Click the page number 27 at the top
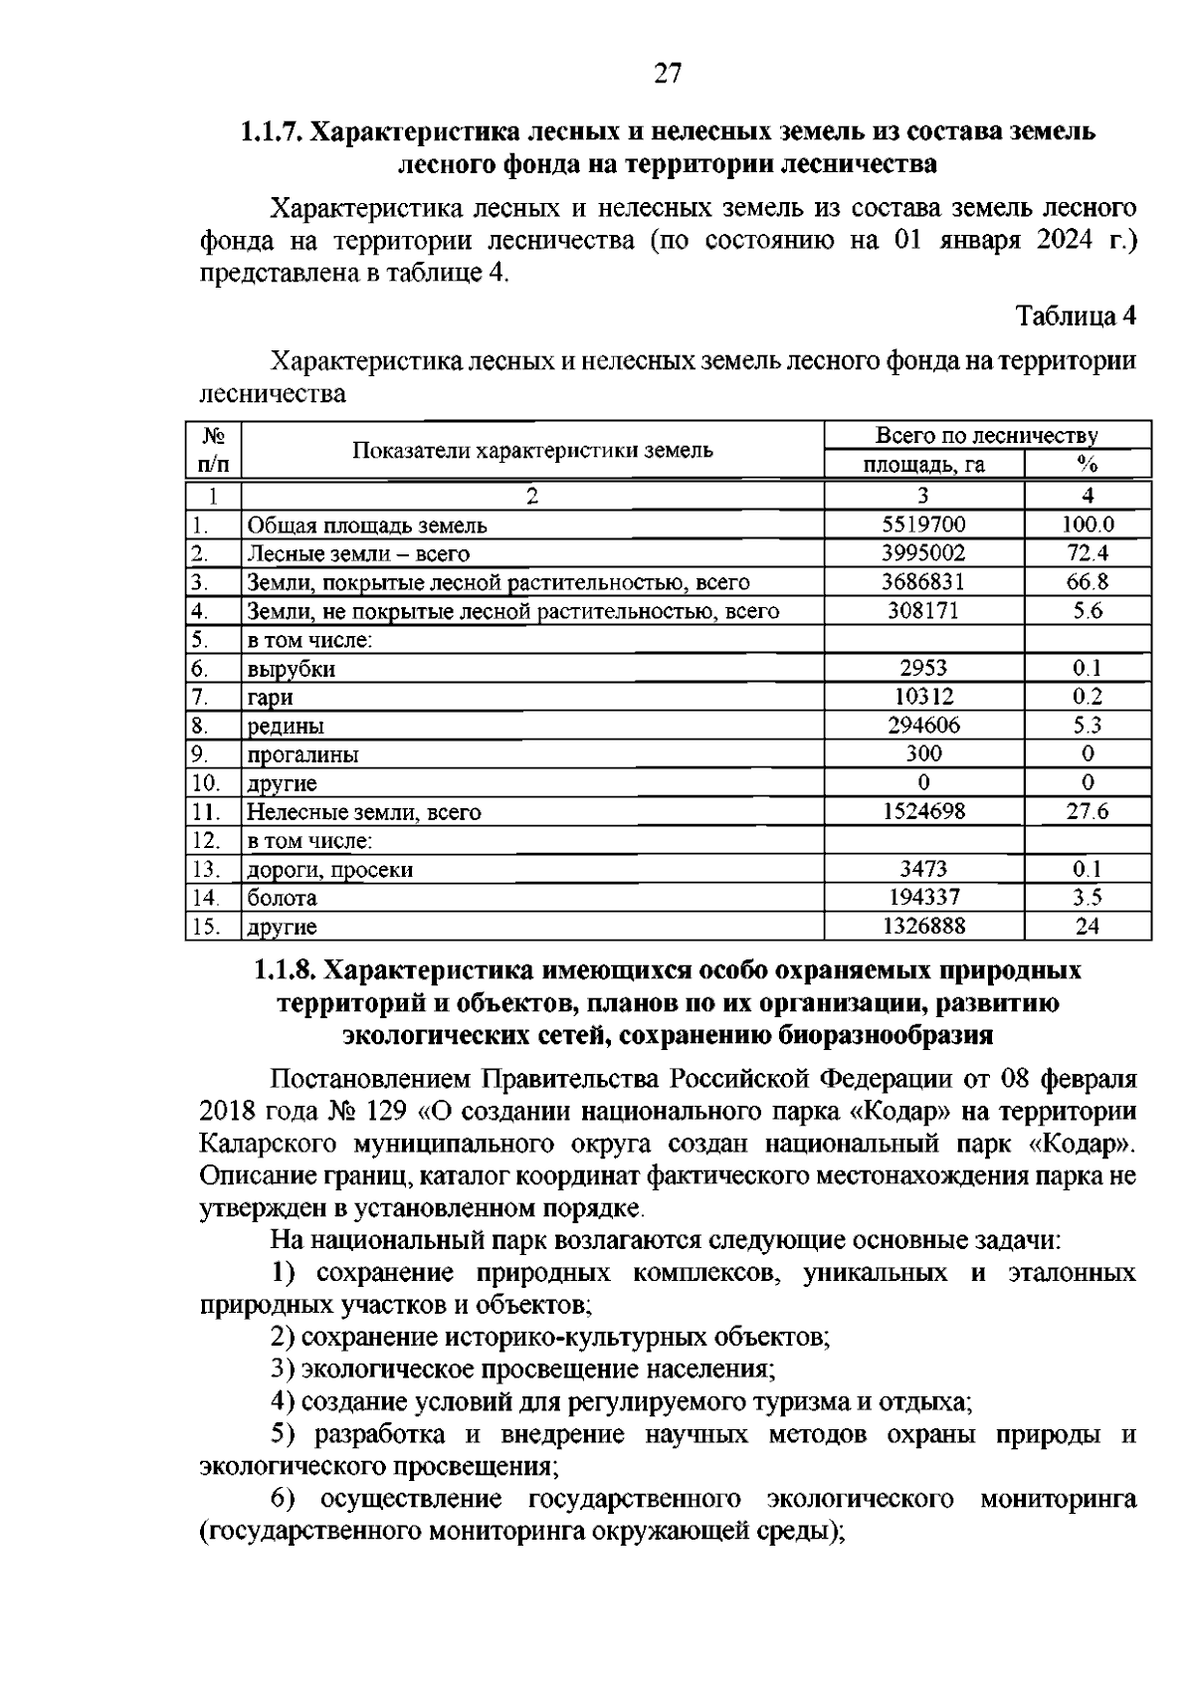tap(668, 73)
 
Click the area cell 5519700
tap(923, 525)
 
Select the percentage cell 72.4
tap(1088, 553)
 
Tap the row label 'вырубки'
tap(291, 669)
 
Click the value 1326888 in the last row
tap(923, 927)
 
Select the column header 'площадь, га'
tap(923, 465)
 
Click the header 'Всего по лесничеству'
tap(986, 436)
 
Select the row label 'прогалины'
tap(302, 754)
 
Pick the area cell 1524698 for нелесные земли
tap(923, 812)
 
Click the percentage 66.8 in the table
tap(1088, 582)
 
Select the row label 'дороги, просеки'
tap(329, 870)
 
